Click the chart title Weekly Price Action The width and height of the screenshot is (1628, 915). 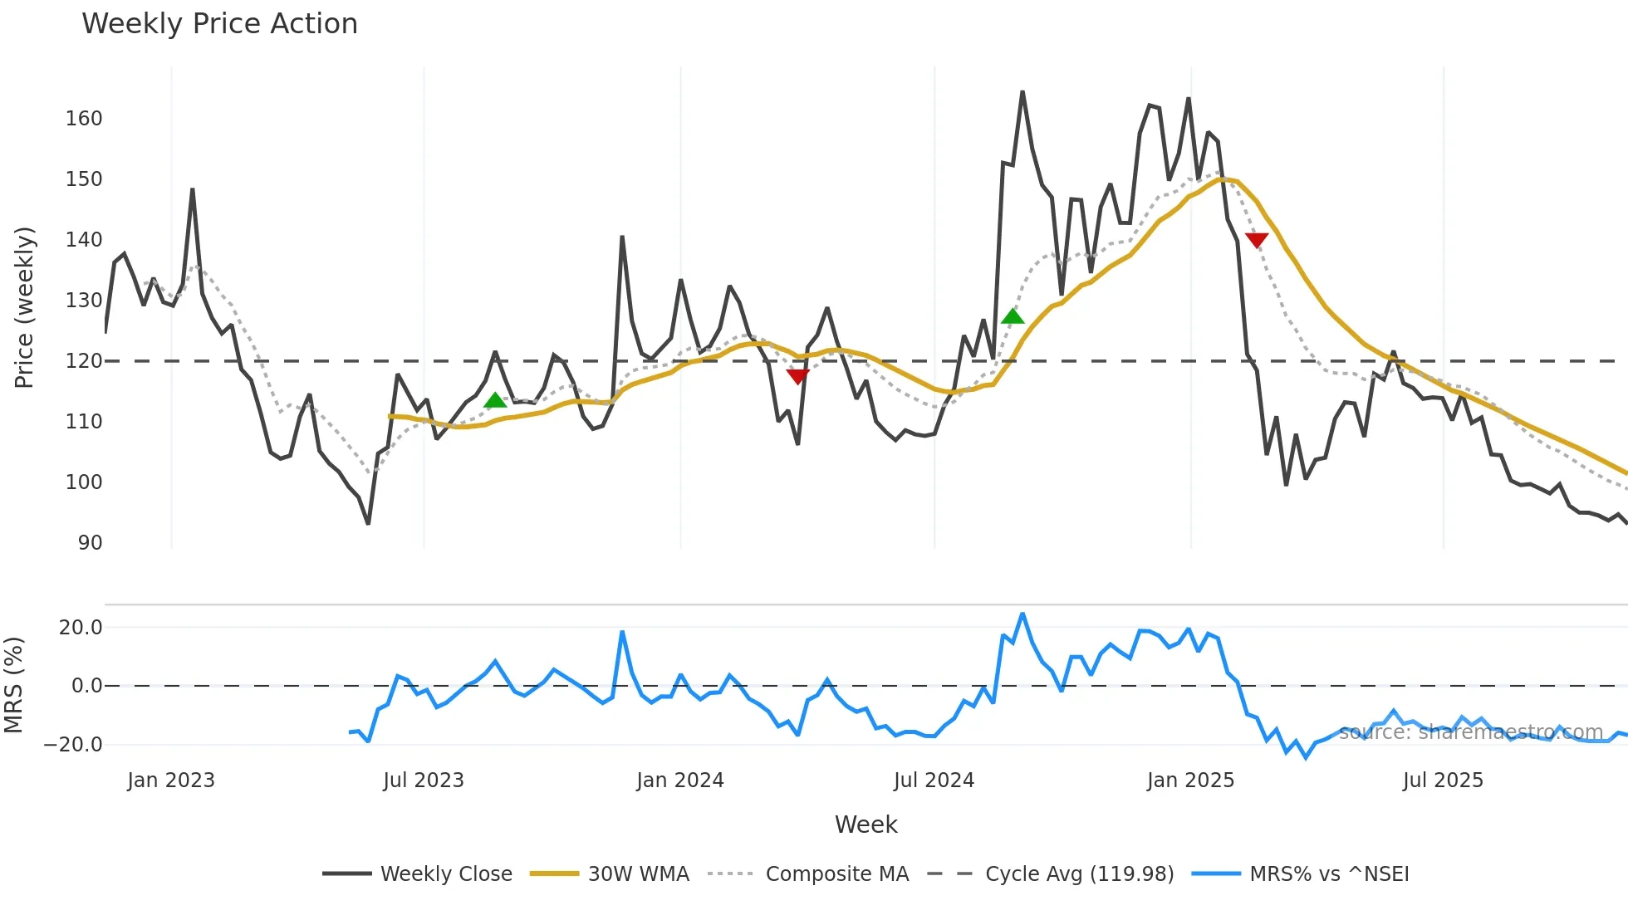pyautogui.click(x=219, y=23)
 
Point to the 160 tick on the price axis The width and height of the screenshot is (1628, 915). pyautogui.click(x=84, y=119)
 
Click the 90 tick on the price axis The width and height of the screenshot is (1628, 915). pyautogui.click(x=90, y=543)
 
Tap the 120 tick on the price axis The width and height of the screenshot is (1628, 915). pyautogui.click(x=84, y=361)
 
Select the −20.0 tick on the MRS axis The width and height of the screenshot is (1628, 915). pyautogui.click(x=73, y=745)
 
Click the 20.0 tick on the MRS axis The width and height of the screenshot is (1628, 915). pyautogui.click(x=80, y=628)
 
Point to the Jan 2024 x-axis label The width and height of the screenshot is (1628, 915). pyautogui.click(x=679, y=780)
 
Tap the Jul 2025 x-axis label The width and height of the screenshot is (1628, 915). pyautogui.click(x=1442, y=780)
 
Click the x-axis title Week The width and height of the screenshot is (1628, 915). pyautogui.click(x=865, y=824)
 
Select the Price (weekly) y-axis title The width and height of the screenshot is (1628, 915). pyautogui.click(x=25, y=307)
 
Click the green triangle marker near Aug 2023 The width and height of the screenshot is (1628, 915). pyautogui.click(x=495, y=401)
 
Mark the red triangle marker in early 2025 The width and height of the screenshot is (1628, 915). pyautogui.click(x=1257, y=240)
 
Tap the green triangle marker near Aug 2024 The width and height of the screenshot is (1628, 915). pyautogui.click(x=1013, y=316)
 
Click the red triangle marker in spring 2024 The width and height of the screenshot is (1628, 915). pyautogui.click(x=797, y=377)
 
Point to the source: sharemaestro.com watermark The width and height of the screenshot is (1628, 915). pyautogui.click(x=1470, y=732)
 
